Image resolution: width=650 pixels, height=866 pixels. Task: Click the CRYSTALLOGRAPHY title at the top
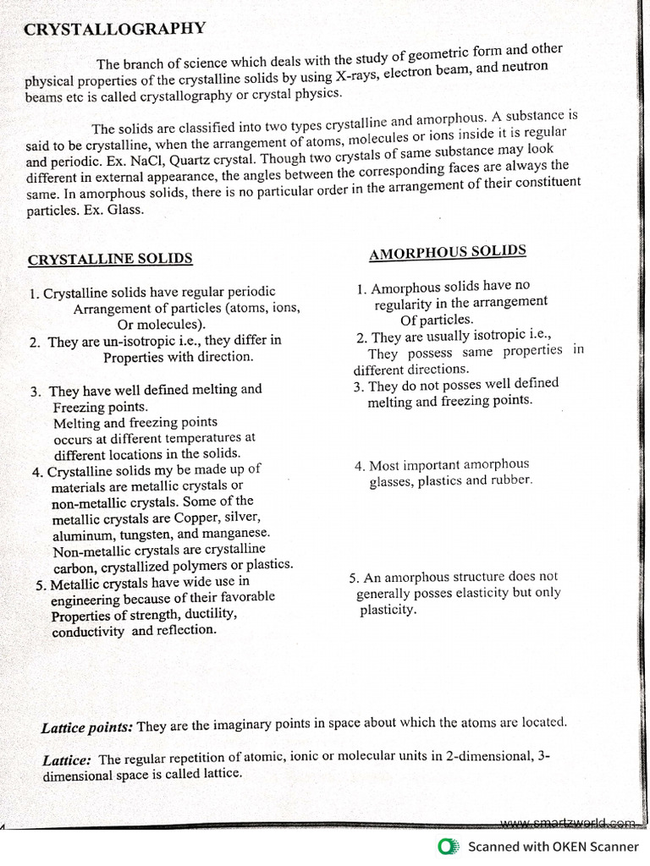pos(114,29)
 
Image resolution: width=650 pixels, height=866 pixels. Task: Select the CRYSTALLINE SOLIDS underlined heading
pos(110,259)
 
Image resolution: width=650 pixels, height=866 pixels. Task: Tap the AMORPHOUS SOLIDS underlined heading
pos(448,251)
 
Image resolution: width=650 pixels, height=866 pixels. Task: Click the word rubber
pos(511,480)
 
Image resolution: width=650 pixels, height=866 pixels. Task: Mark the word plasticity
pos(388,610)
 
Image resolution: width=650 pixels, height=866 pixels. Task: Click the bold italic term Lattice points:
pos(87,727)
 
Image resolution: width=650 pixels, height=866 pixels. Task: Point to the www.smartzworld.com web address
pos(566,822)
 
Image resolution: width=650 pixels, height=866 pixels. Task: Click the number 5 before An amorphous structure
pos(353,578)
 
